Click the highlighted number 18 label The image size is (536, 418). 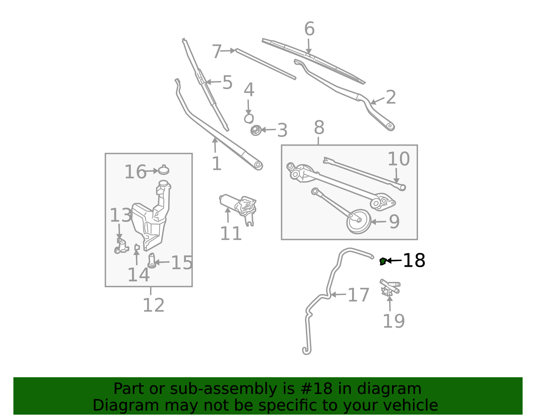coord(414,260)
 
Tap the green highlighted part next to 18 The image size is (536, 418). coord(383,261)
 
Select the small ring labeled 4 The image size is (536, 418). coord(249,118)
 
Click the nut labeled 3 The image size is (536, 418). coord(256,130)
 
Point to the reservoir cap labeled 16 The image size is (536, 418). coord(163,170)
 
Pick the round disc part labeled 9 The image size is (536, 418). coord(358,221)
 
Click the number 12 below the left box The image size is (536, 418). coord(153,305)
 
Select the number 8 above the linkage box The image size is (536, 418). coord(319,128)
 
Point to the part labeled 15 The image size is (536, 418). coord(152,261)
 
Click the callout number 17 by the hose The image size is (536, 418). coord(358,295)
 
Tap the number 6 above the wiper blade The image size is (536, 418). coord(309,29)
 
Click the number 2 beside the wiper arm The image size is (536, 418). coord(391,97)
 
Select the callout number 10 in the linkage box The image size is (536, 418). coord(398,159)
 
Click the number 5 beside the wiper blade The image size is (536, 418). coord(227,82)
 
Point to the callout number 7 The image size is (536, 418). coord(217,52)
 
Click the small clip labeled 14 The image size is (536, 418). coord(137,247)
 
